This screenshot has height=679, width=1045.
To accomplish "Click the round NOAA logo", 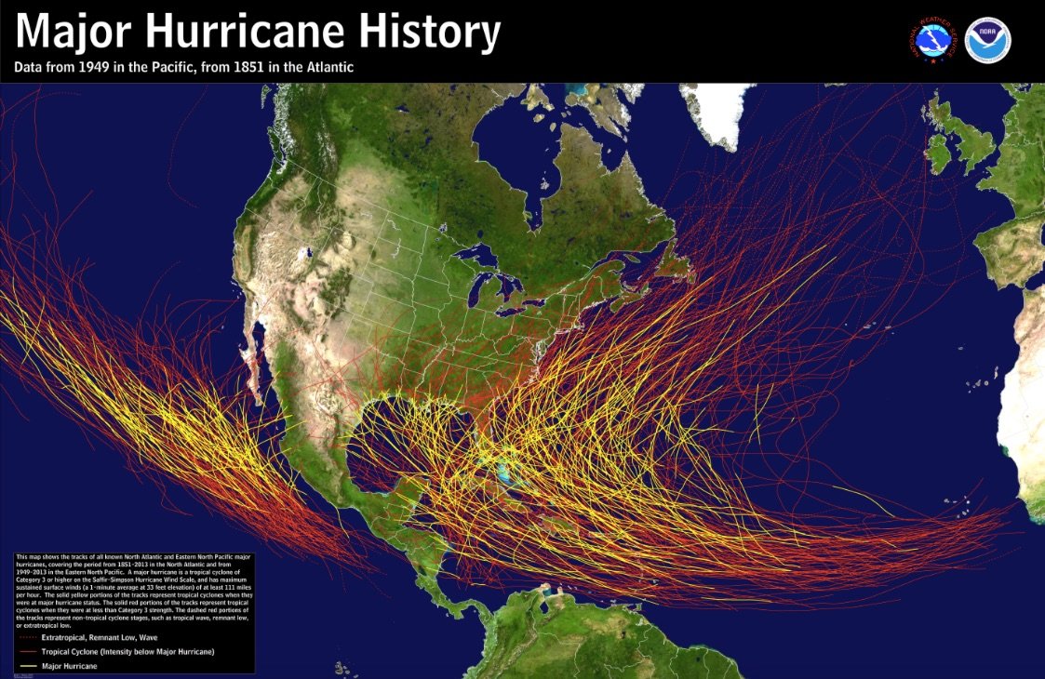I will (987, 39).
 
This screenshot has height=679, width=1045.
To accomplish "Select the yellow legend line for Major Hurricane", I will (29, 665).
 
